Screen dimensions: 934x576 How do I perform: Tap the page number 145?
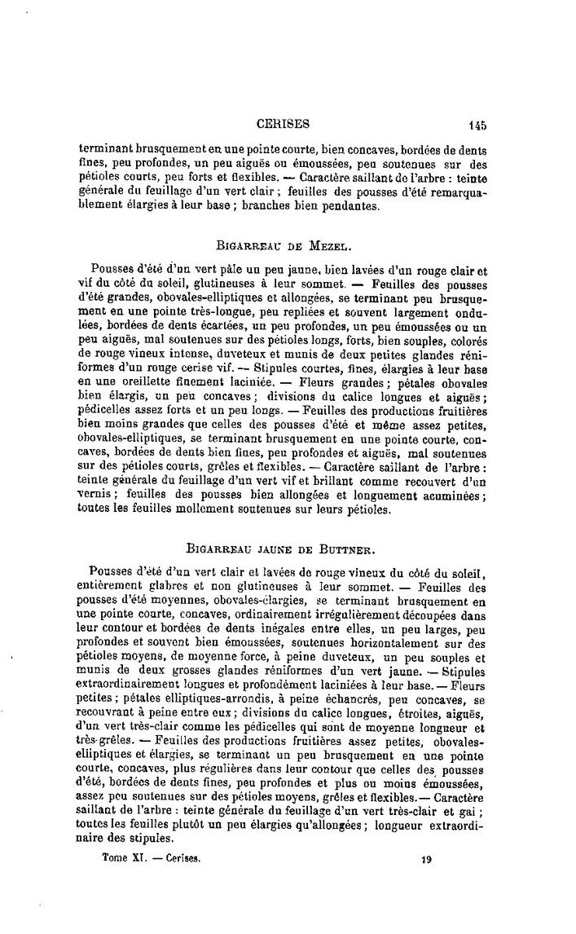(x=477, y=126)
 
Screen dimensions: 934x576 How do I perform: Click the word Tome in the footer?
(x=112, y=858)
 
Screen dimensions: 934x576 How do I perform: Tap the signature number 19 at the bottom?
(x=426, y=858)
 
